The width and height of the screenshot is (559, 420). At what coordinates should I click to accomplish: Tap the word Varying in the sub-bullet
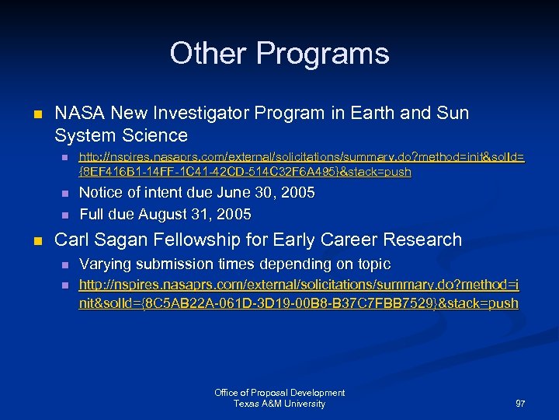coord(106,264)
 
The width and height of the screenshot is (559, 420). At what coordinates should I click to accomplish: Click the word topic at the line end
coord(370,264)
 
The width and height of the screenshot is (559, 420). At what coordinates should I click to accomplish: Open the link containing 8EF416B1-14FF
coord(301,164)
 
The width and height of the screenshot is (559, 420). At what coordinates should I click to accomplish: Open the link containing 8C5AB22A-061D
coord(299,295)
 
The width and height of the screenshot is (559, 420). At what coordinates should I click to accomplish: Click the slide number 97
coord(519,404)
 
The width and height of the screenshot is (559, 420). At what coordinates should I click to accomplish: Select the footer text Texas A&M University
coord(279,404)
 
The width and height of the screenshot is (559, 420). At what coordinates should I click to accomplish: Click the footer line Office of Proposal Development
coord(279,393)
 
